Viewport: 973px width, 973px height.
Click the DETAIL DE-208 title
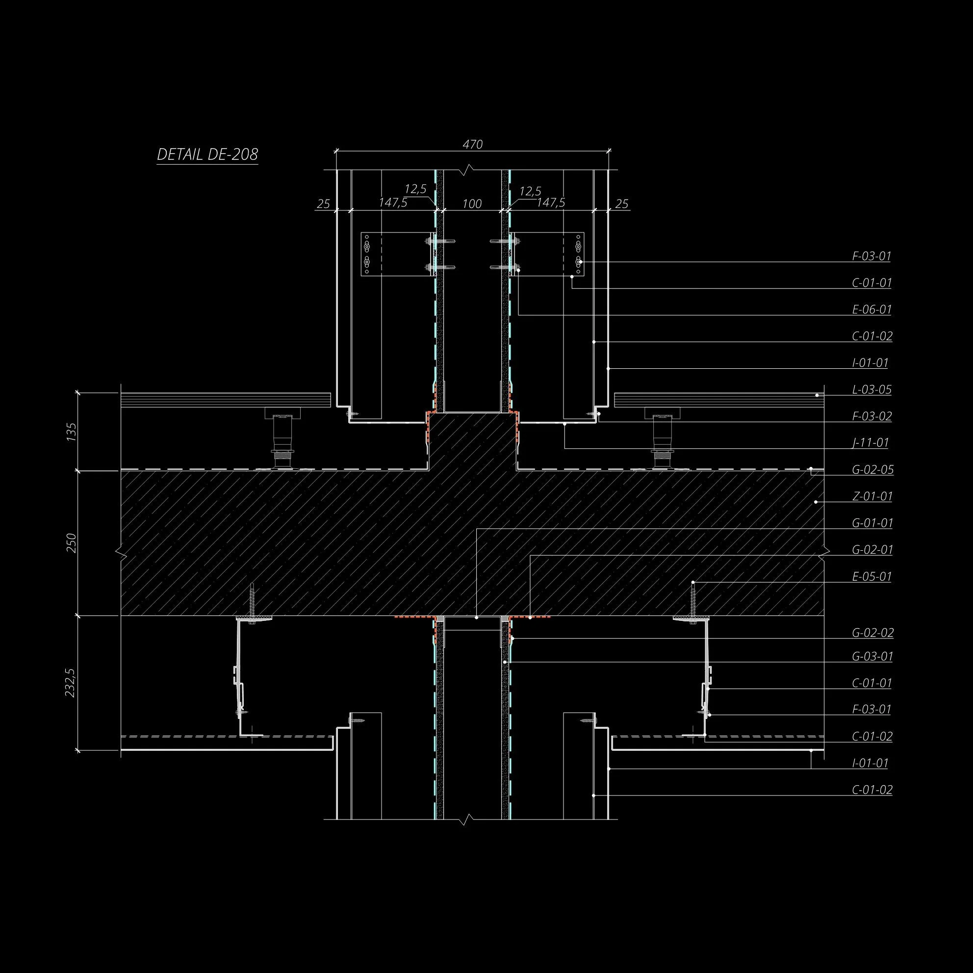[x=207, y=154]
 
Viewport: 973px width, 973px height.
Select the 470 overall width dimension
[x=472, y=145]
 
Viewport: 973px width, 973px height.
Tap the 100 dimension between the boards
[x=471, y=204]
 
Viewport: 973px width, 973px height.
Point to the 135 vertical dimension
[x=71, y=432]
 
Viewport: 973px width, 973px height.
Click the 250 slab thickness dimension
[x=71, y=543]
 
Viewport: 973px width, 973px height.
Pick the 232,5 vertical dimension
[x=71, y=682]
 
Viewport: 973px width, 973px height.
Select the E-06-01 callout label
[x=871, y=309]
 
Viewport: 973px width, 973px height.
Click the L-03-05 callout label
[x=871, y=389]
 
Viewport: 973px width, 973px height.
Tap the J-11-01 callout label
[x=871, y=443]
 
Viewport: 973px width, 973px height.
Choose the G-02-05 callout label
[x=872, y=470]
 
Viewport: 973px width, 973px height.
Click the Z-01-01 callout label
[x=872, y=497]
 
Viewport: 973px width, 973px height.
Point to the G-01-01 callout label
[x=872, y=523]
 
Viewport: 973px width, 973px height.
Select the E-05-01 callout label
[x=871, y=577]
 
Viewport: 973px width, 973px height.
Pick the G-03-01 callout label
[x=872, y=657]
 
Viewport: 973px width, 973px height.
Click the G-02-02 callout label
[x=872, y=633]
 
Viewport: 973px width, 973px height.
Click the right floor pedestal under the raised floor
[x=661, y=437]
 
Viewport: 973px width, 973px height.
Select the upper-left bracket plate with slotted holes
[x=371, y=254]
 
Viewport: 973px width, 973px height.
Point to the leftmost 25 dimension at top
[x=323, y=204]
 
